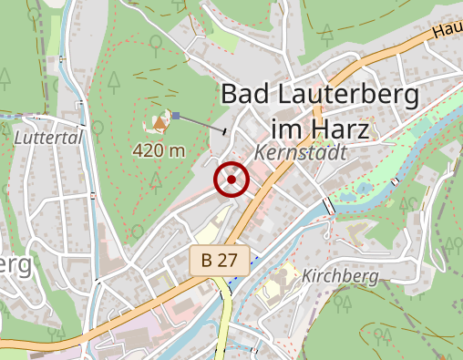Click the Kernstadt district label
(301, 153)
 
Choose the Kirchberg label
(339, 275)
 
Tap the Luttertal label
(48, 138)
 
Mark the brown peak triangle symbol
(160, 120)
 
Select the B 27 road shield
(219, 260)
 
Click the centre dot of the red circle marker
(231, 180)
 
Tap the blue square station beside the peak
(178, 115)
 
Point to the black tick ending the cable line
(225, 133)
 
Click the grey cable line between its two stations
(202, 124)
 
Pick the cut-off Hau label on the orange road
(447, 30)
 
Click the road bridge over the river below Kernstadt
(328, 205)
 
